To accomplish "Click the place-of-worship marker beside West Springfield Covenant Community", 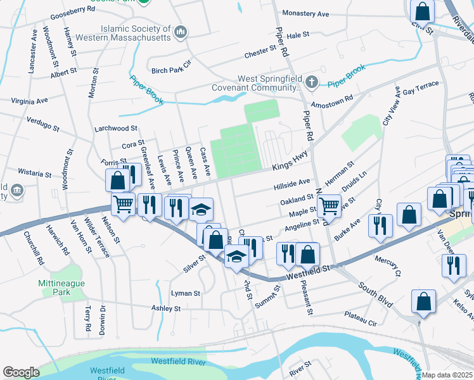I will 311,82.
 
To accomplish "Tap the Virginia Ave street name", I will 29,101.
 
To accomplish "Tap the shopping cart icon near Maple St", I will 329,206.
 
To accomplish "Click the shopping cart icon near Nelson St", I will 122,204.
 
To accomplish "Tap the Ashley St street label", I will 166,308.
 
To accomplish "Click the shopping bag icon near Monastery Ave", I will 422,11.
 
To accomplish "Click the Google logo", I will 21,372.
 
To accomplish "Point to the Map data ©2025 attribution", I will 447,375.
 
